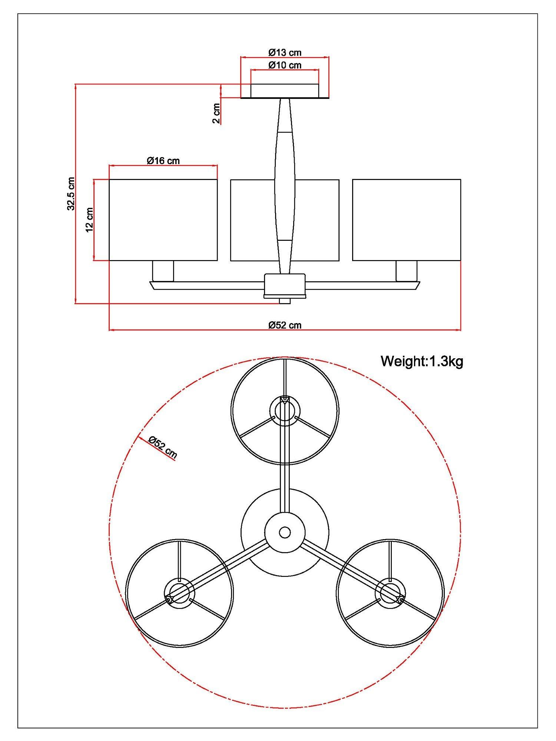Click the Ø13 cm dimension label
coord(285,52)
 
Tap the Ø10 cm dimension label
coord(285,65)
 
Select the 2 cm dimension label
coord(216,113)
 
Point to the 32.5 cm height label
coord(71,194)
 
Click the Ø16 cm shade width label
coord(163,160)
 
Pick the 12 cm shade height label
coord(89,220)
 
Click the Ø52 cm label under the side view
coord(285,325)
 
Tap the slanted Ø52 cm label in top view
coord(163,447)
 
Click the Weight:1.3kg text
coord(422,361)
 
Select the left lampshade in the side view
coord(163,220)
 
